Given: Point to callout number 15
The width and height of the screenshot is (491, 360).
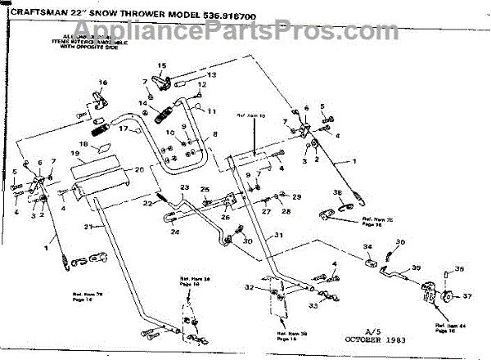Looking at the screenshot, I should click(x=161, y=65).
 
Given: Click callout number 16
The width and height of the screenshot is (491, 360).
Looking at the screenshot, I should click(x=103, y=83).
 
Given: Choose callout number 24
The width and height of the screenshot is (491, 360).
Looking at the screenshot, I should click(x=174, y=232).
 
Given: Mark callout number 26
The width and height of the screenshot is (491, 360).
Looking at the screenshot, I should click(x=223, y=217).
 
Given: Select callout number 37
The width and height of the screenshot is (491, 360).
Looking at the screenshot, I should click(x=467, y=295).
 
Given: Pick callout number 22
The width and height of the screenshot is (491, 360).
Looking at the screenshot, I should click(x=148, y=203).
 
